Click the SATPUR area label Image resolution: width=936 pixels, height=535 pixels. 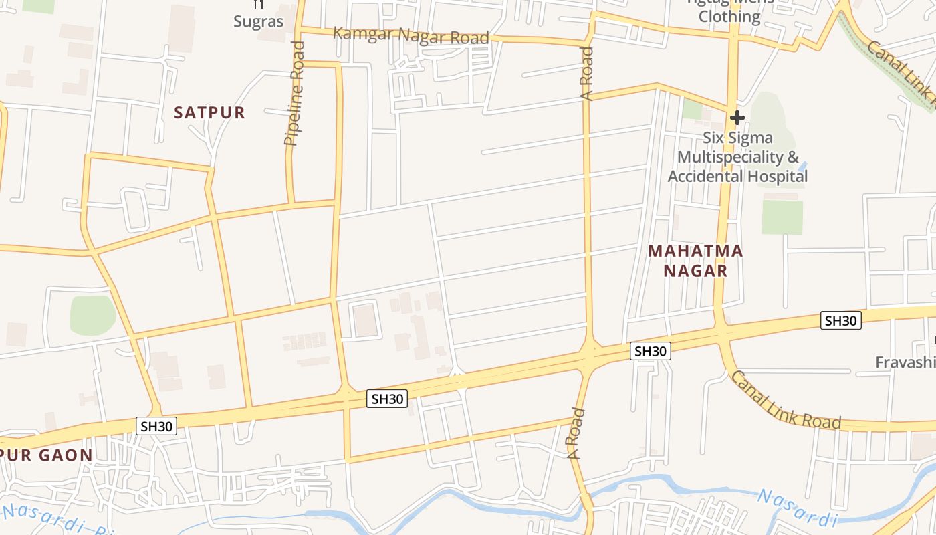point(209,112)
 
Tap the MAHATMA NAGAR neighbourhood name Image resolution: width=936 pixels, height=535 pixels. point(695,261)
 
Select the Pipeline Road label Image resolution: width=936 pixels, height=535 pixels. point(294,94)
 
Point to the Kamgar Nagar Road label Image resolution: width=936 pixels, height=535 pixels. point(411,35)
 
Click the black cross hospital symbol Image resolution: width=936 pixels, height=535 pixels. point(737,118)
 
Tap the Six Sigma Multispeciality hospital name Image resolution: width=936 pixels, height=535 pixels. point(737,157)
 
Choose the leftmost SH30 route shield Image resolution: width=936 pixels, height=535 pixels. point(156,426)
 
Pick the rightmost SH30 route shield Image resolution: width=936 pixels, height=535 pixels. point(840,320)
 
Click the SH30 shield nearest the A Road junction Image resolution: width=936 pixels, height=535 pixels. point(650,351)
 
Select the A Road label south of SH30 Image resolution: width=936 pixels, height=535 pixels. point(576,433)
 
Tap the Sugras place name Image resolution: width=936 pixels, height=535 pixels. point(258,21)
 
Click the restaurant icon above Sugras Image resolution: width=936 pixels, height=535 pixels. point(259,5)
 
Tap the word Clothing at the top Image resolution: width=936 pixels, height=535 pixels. point(729,16)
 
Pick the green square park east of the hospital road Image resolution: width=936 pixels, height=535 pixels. point(782,217)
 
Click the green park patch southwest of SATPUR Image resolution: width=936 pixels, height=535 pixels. point(92,315)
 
